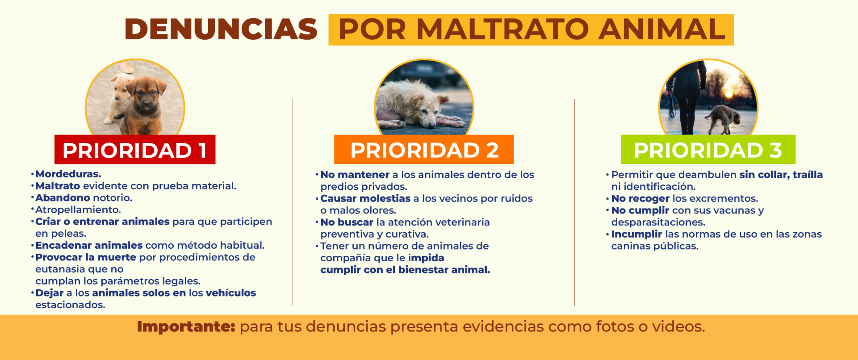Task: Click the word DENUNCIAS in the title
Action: coord(221,29)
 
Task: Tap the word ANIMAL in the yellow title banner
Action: coord(662,29)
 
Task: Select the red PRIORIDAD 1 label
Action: coord(135,150)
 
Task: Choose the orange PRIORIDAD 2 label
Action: coord(424,150)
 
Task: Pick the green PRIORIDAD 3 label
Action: coord(708,150)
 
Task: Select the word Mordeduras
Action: coord(68,174)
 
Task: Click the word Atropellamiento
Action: coord(78,210)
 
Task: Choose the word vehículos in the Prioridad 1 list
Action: coord(231,293)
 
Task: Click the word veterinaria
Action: coord(462,222)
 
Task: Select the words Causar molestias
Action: coord(365,198)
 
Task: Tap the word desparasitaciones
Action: coord(658,222)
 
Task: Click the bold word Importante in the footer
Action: coord(186,327)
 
